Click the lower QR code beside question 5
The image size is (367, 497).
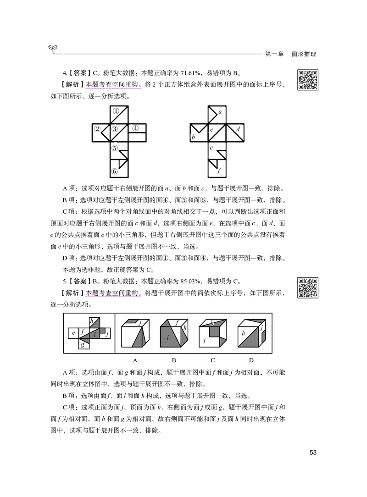(308, 287)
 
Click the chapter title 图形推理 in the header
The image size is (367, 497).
(304, 54)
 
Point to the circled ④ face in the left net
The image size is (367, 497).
(135, 128)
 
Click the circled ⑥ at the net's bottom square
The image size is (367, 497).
(115, 172)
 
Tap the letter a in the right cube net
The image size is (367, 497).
(220, 111)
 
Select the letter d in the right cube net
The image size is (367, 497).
(238, 130)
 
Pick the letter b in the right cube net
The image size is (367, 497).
(193, 137)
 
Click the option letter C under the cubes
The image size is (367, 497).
(213, 360)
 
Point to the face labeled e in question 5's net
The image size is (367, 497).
(73, 332)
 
